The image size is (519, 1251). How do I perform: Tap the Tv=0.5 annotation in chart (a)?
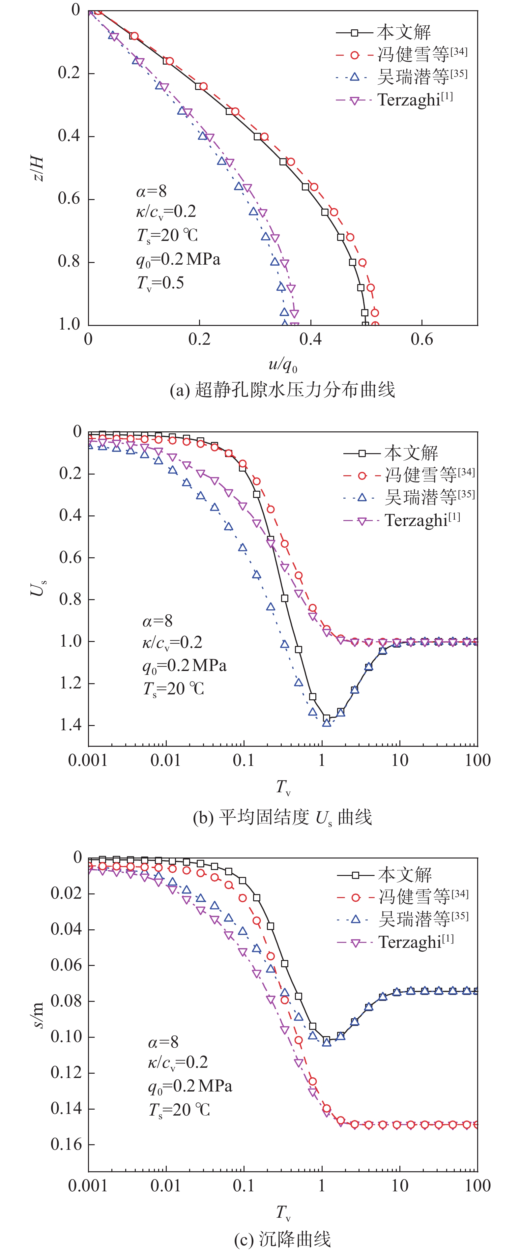tap(160, 283)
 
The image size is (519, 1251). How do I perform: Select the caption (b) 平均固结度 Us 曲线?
tap(282, 817)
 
